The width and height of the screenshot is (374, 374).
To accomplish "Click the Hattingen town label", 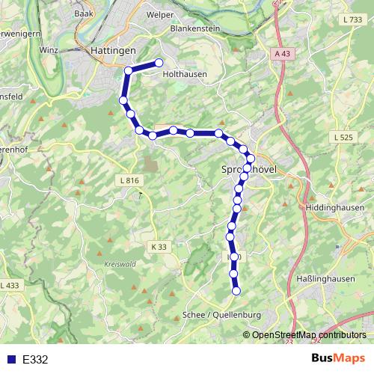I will pos(113,50).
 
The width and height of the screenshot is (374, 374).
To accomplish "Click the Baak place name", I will pos(83,13).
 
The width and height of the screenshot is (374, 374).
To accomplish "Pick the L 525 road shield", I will pos(341,138).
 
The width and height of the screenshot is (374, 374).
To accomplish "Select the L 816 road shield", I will pos(129,180).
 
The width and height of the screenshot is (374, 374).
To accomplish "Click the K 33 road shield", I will pos(158,246).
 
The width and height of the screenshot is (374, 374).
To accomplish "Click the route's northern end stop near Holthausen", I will pos(159,63).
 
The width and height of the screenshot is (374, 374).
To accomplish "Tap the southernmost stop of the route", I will pos(236,290).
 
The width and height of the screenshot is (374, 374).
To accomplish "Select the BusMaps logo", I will pos(337,358).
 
